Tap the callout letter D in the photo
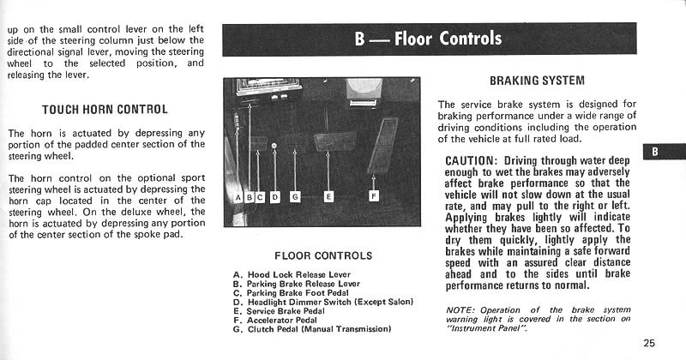click(274, 196)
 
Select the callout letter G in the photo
click(295, 196)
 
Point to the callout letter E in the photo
click(328, 196)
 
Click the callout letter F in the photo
click(374, 196)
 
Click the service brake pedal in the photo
click(330, 139)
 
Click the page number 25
click(648, 343)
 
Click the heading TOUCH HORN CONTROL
click(105, 110)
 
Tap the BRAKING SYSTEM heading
click(537, 81)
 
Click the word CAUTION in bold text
click(472, 160)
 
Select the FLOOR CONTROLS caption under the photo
click(322, 255)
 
